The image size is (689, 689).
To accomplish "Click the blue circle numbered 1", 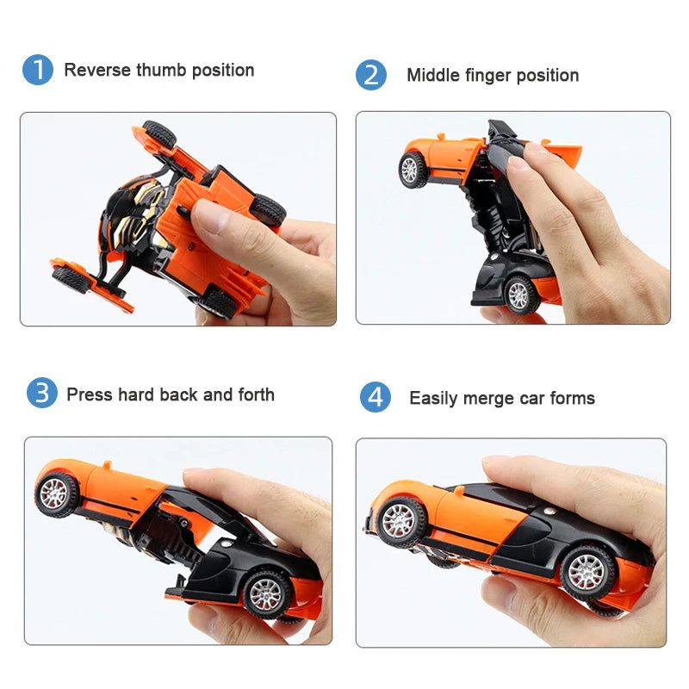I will (x=38, y=70).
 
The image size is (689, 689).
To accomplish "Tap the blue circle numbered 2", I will (x=371, y=75).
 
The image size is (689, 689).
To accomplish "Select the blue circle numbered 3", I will (x=41, y=393).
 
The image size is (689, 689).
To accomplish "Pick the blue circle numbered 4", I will (x=375, y=398).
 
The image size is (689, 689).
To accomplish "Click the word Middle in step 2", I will (x=433, y=76).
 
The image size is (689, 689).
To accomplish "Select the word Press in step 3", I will (x=90, y=394).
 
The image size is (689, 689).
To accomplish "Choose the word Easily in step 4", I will (x=434, y=398).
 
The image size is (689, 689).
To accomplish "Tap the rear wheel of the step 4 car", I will (x=588, y=571).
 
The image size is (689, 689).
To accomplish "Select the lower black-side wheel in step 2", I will (x=518, y=295).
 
